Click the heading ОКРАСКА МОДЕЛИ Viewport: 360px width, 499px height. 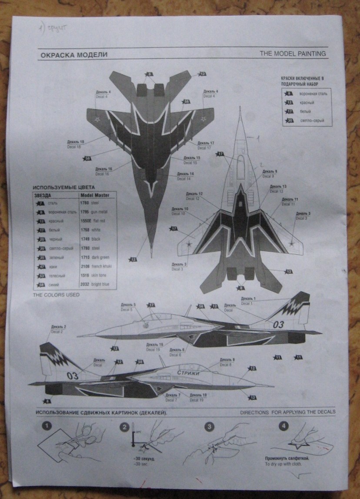73,55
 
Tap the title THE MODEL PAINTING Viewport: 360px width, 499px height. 292,54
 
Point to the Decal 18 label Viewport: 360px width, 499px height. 76,144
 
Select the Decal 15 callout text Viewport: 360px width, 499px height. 192,160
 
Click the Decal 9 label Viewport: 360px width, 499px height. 270,174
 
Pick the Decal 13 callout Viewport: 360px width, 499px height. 278,189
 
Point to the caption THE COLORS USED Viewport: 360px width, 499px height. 56,295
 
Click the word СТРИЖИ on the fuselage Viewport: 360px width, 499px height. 188,373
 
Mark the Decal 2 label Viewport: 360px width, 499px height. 59,329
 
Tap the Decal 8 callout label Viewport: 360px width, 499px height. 227,362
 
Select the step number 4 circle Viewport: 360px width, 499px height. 284,425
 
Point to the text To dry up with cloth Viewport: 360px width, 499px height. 283,464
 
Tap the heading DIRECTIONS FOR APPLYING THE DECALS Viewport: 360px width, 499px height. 287,412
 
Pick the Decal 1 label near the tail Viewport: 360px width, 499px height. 248,300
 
